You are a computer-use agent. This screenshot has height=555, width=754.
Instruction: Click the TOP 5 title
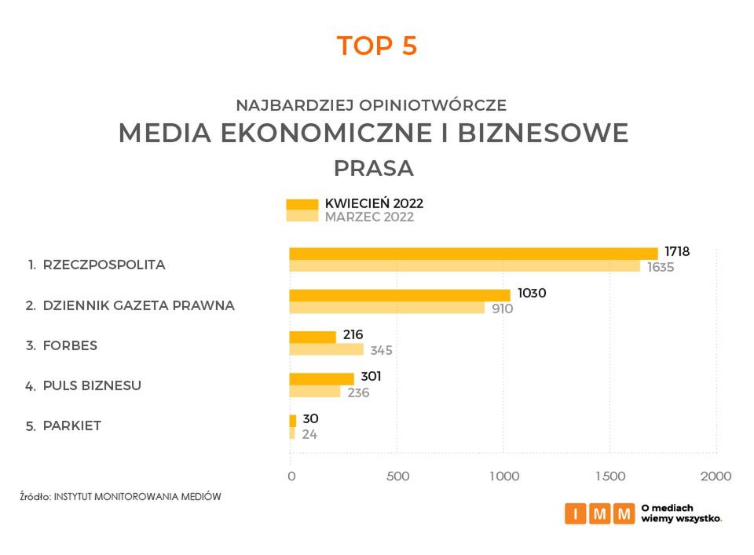(377, 46)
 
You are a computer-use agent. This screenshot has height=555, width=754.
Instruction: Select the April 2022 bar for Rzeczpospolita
(473, 253)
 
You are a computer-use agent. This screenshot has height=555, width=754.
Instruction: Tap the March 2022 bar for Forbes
(326, 349)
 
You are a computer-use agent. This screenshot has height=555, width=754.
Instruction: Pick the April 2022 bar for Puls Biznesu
(321, 378)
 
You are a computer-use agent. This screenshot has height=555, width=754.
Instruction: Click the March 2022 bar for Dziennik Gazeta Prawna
(386, 308)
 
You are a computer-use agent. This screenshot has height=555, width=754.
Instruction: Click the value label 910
(502, 309)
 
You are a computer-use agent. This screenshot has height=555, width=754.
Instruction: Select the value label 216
(353, 335)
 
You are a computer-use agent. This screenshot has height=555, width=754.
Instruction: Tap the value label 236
(358, 393)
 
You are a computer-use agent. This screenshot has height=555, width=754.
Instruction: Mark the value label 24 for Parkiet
(309, 434)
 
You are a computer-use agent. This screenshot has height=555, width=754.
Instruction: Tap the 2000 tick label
(716, 476)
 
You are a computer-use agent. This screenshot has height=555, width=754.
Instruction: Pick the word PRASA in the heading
(373, 169)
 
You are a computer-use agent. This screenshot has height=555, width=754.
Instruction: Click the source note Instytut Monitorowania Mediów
(121, 497)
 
